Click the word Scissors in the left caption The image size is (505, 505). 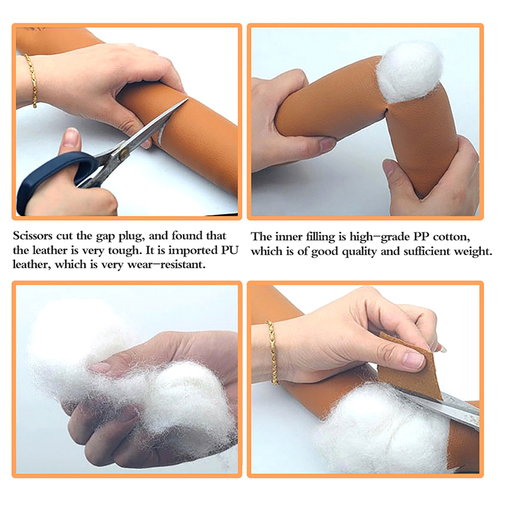[x=33, y=235]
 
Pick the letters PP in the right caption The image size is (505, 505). [x=420, y=237]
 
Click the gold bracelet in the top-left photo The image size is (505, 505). [x=32, y=81]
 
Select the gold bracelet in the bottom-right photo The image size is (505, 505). [x=273, y=353]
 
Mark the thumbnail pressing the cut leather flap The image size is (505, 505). [x=413, y=360]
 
